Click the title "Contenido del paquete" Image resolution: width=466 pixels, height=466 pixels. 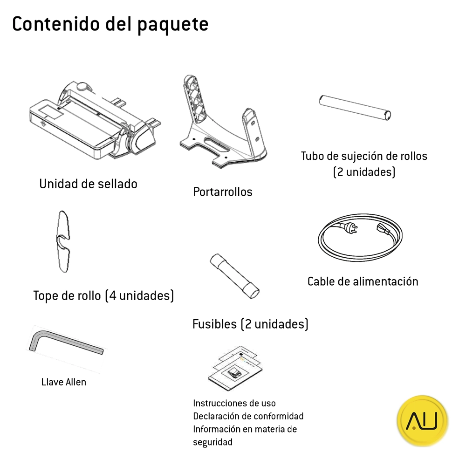pyautogui.click(x=110, y=25)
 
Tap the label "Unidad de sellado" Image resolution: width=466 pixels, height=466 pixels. pyautogui.click(x=88, y=184)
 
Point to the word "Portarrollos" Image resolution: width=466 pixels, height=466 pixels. pyautogui.click(x=223, y=192)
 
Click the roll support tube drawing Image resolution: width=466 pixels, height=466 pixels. pyautogui.click(x=355, y=108)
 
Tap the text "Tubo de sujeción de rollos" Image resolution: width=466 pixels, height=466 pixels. pyautogui.click(x=364, y=156)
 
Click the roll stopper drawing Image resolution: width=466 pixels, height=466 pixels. pyautogui.click(x=63, y=241)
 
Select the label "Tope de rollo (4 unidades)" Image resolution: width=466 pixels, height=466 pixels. pyautogui.click(x=103, y=296)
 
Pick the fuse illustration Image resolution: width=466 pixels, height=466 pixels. pyautogui.click(x=234, y=276)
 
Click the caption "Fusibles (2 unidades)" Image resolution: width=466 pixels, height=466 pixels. pyautogui.click(x=250, y=324)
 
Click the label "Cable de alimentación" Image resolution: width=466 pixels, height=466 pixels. pyautogui.click(x=363, y=281)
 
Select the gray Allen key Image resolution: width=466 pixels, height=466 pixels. pyautogui.click(x=66, y=342)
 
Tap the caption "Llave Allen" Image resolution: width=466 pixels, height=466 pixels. pyautogui.click(x=63, y=382)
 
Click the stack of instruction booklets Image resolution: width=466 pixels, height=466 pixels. pyautogui.click(x=235, y=368)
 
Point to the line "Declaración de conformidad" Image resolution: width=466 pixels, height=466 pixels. pyautogui.click(x=248, y=416)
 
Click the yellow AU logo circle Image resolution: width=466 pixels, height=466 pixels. pyautogui.click(x=422, y=421)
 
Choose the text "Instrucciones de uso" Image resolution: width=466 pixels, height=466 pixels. pyautogui.click(x=234, y=403)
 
